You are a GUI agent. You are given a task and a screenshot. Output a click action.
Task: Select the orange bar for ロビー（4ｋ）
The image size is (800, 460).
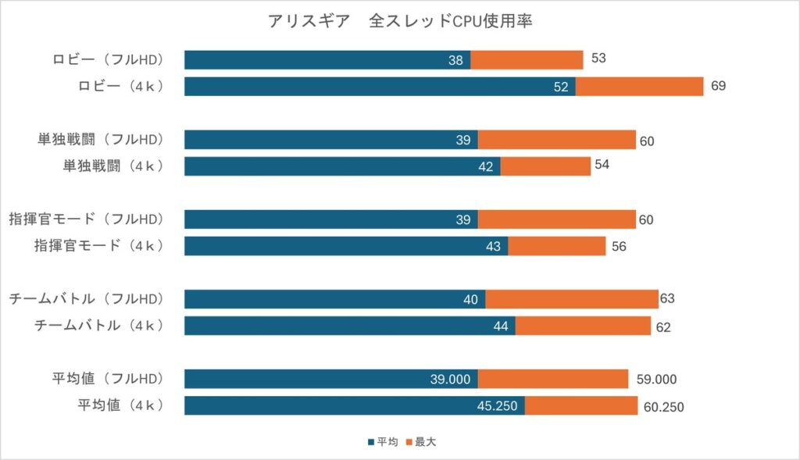[x=639, y=87]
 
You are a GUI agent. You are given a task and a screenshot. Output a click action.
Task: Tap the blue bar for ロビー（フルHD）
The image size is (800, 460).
[x=327, y=60]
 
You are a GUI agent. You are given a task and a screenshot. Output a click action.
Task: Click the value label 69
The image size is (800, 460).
[x=718, y=86]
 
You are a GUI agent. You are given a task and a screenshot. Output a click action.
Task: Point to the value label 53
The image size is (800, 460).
[x=599, y=59]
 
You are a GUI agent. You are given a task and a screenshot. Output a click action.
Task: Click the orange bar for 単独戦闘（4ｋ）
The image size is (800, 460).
[x=545, y=166]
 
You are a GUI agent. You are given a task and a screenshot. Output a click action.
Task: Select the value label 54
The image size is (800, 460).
[x=602, y=166]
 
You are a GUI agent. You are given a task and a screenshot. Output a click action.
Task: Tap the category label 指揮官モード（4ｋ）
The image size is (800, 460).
[x=98, y=246]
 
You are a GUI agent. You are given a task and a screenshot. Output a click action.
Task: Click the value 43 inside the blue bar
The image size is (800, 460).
[x=493, y=246]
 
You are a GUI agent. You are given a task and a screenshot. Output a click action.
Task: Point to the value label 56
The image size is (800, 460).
[x=618, y=246]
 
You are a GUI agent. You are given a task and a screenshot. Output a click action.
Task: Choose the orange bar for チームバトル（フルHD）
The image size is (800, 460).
[x=571, y=299]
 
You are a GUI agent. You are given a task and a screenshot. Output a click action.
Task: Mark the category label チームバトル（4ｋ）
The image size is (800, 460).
[x=98, y=326]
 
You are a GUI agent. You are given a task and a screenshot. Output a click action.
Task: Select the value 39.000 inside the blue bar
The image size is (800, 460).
[x=450, y=380]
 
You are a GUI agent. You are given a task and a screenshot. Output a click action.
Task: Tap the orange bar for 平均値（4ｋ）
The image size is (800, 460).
[x=580, y=406]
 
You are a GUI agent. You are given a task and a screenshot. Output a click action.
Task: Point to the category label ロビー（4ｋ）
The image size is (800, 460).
[x=120, y=87]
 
